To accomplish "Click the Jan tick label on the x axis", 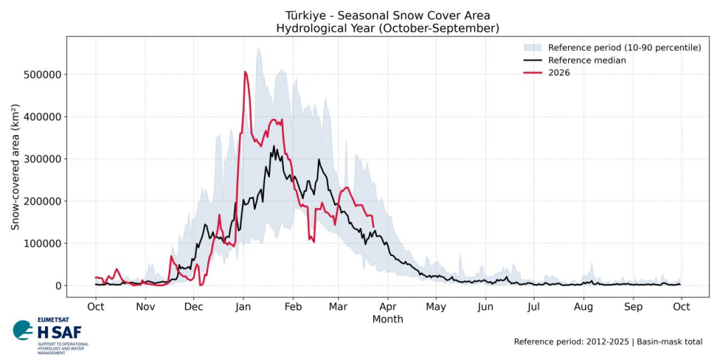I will coord(243,307).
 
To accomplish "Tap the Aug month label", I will coord(584,307).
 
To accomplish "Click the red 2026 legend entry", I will coord(559,73).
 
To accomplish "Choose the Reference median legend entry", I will coord(587,60).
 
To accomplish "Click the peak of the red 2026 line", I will coord(245,72).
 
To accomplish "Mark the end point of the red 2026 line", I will coord(373,226).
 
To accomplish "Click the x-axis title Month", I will coord(388,319).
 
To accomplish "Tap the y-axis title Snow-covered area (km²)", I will coord(15,167).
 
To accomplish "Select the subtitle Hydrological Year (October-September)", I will coord(387,28).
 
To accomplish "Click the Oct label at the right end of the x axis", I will coord(681,307).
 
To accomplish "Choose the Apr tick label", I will coord(387,307).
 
